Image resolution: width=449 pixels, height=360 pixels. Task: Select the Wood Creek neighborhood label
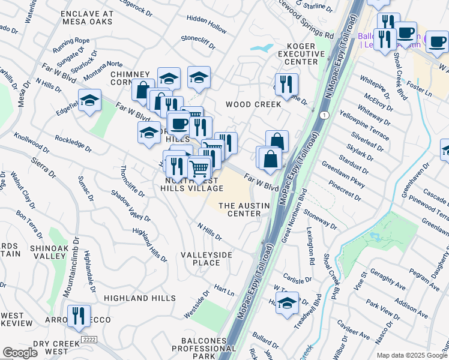253,104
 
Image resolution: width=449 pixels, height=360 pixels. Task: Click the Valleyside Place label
206,259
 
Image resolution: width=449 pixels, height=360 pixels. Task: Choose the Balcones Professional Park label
190,349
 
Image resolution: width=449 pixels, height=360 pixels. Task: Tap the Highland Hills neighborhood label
134,298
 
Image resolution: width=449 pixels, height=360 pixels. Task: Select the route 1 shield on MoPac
324,115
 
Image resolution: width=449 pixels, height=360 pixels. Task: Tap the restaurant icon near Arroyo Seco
79,316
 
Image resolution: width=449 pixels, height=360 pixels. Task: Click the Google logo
20,353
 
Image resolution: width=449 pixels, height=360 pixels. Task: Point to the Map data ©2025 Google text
411,355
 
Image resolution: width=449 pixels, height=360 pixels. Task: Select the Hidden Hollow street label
206,29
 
